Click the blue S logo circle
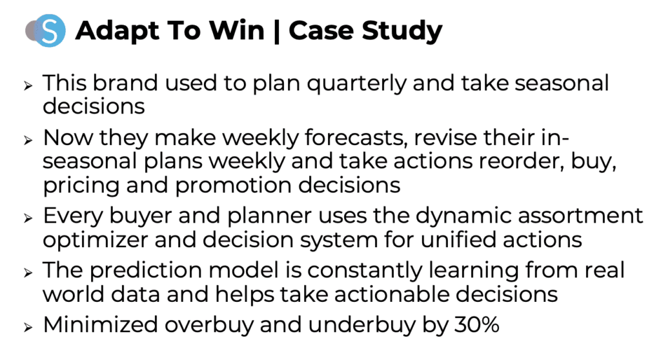pyautogui.click(x=49, y=30)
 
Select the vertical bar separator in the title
pyautogui.click(x=276, y=32)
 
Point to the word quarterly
pyautogui.click(x=356, y=83)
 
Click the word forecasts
pyautogui.click(x=356, y=138)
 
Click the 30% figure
pyautogui.click(x=477, y=325)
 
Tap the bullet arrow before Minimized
pyautogui.click(x=28, y=327)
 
